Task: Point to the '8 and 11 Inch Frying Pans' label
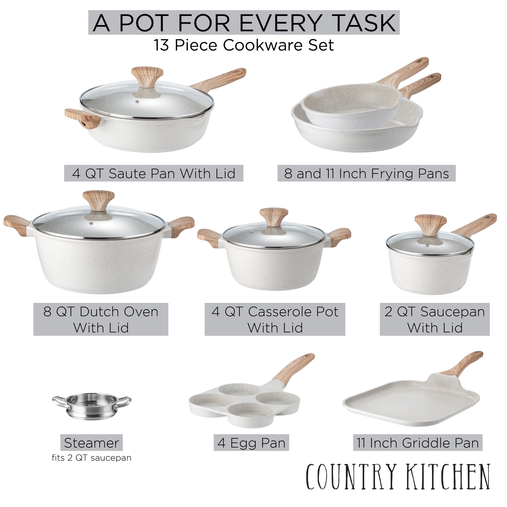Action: coord(366,173)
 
